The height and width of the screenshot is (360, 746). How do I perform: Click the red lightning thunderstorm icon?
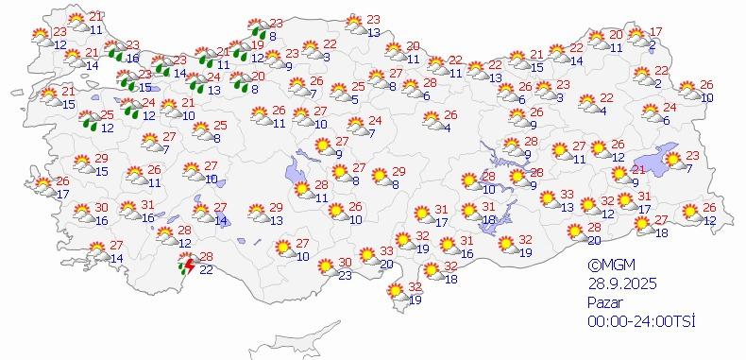(x=188, y=266)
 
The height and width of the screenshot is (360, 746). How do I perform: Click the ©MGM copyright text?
(x=606, y=266)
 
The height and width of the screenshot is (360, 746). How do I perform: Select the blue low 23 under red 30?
(x=345, y=275)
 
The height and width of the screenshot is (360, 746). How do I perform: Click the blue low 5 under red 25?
(x=355, y=98)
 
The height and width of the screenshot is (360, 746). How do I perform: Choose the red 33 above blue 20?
(x=387, y=251)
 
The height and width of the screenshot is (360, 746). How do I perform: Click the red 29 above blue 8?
(x=398, y=171)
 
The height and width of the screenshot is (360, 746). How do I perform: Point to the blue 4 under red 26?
(x=447, y=129)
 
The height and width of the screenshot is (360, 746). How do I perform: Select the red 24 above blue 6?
(x=670, y=107)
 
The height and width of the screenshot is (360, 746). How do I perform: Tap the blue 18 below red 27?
(x=662, y=232)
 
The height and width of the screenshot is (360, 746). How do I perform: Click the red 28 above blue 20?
(x=594, y=228)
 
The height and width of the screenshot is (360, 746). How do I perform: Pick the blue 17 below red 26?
(x=62, y=193)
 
